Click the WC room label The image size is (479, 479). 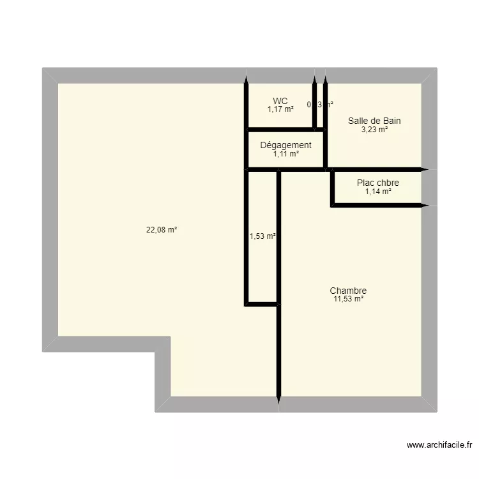[280, 101]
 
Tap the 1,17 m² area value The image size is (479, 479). [280, 109]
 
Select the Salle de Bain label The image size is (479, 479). [374, 121]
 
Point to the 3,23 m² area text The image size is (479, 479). [374, 129]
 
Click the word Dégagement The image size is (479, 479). [285, 145]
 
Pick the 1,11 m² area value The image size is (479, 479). [285, 153]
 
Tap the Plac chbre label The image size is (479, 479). [378, 183]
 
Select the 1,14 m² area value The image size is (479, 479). [378, 191]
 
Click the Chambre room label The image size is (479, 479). [348, 291]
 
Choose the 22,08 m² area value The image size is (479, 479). [162, 231]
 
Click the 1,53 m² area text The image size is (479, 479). [262, 236]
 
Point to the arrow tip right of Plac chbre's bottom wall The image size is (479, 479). [427, 206]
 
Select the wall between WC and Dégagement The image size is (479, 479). [285, 130]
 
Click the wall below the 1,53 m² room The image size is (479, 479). [262, 305]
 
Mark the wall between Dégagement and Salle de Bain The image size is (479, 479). [326, 149]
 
